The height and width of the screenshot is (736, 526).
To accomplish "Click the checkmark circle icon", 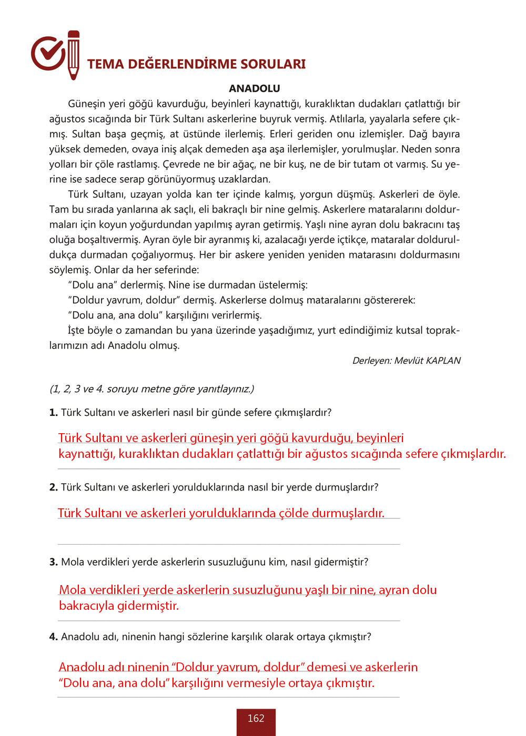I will click(x=48, y=53).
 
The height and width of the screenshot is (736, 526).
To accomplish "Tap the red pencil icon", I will click(x=74, y=55).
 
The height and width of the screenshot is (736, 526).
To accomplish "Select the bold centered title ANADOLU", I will click(x=255, y=88).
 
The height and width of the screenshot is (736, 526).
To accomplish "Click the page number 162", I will click(x=256, y=719).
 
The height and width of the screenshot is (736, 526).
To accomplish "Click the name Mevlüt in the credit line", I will click(x=409, y=361).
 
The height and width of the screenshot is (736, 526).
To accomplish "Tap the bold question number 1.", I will click(x=53, y=413).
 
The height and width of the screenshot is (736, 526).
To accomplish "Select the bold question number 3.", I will click(x=53, y=562).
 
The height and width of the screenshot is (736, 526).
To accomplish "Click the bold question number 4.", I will click(x=53, y=637).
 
